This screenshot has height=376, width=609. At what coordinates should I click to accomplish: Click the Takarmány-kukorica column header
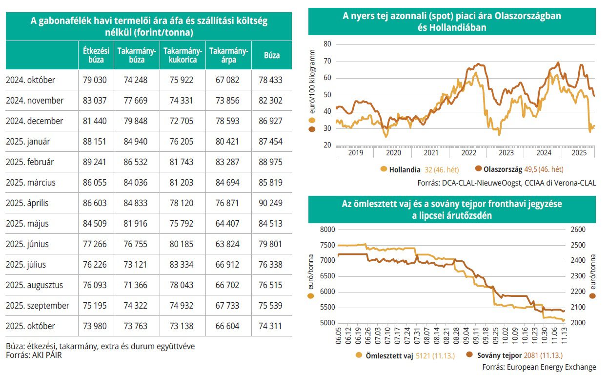[183, 55]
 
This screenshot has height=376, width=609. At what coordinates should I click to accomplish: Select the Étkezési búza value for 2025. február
[96, 162]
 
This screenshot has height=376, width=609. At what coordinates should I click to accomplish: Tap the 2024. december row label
[35, 121]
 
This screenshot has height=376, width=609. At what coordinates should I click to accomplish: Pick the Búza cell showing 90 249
[272, 203]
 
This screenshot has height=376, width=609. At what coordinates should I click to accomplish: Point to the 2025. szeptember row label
[38, 306]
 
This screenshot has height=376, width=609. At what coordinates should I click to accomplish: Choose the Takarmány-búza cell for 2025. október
[136, 326]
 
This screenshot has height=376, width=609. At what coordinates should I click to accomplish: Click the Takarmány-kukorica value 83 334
[183, 265]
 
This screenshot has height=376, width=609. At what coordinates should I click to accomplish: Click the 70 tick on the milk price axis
[327, 61]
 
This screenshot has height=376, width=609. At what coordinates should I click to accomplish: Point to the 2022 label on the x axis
[468, 153]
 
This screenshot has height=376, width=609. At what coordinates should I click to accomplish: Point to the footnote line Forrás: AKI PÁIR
[34, 355]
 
